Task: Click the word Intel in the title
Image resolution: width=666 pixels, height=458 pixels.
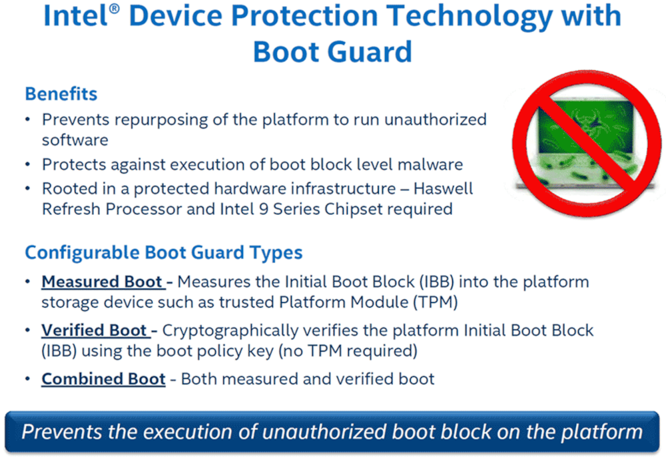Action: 76,16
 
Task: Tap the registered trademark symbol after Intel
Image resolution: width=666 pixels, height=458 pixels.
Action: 115,9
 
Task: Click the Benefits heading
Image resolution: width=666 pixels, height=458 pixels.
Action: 61,94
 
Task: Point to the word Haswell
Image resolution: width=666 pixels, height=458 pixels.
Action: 443,188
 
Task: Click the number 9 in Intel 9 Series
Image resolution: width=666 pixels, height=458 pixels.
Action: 263,209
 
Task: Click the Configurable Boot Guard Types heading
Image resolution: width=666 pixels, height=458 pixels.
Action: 164,252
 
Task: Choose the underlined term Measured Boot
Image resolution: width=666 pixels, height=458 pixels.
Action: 102,282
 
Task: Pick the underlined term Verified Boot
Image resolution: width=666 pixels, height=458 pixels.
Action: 94,330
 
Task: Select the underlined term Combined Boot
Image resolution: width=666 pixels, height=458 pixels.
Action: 103,379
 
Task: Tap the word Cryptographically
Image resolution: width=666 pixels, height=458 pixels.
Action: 230,331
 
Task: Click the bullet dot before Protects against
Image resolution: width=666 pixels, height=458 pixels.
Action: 28,164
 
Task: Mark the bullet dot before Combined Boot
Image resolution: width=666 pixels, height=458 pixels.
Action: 28,378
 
